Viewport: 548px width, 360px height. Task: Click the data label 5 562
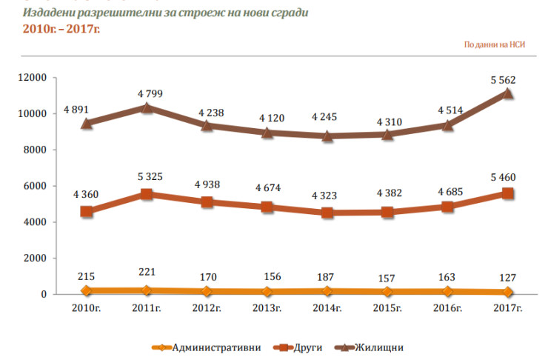tap(507, 80)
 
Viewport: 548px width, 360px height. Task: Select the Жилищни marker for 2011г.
tap(147, 107)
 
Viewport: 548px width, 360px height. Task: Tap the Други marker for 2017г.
tap(507, 193)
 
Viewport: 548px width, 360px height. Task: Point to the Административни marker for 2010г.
tap(87, 291)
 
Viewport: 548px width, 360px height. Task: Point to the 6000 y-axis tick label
tap(36, 186)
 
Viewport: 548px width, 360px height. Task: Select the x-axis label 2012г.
tap(207, 307)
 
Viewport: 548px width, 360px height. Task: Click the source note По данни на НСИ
tap(495, 44)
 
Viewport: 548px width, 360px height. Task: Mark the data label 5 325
tap(150, 177)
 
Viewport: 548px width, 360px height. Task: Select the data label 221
tap(150, 273)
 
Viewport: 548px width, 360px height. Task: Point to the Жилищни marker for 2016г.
tap(447, 125)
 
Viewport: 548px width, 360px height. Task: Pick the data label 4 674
tap(270, 190)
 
